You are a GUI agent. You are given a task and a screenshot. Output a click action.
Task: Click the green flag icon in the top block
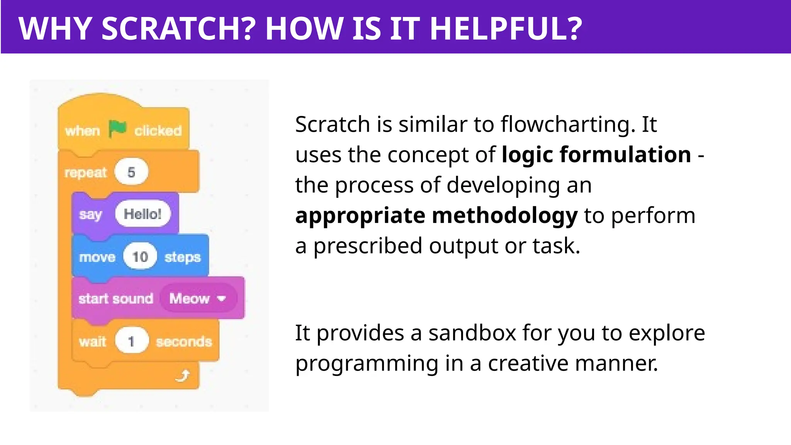tap(117, 129)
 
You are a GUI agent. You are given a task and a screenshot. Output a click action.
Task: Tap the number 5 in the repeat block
tap(131, 172)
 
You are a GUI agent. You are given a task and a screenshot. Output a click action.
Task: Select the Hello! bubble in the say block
tap(143, 214)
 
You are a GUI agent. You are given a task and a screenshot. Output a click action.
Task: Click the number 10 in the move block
tap(140, 257)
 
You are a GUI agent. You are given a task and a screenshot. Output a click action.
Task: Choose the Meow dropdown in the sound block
tap(197, 298)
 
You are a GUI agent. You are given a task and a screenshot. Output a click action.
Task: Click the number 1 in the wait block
tap(131, 341)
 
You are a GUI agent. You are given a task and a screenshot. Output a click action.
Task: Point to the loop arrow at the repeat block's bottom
tap(183, 375)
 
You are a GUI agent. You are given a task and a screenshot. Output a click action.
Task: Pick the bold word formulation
tap(625, 155)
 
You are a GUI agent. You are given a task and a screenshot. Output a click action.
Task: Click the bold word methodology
tap(504, 216)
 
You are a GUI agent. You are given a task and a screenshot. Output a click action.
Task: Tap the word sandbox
tap(472, 333)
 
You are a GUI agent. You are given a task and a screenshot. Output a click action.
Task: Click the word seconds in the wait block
tap(184, 342)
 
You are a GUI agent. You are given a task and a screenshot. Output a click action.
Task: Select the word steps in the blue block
tap(182, 258)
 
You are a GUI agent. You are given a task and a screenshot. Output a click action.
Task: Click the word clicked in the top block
tap(158, 131)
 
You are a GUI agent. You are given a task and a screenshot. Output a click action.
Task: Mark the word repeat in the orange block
tap(85, 173)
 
